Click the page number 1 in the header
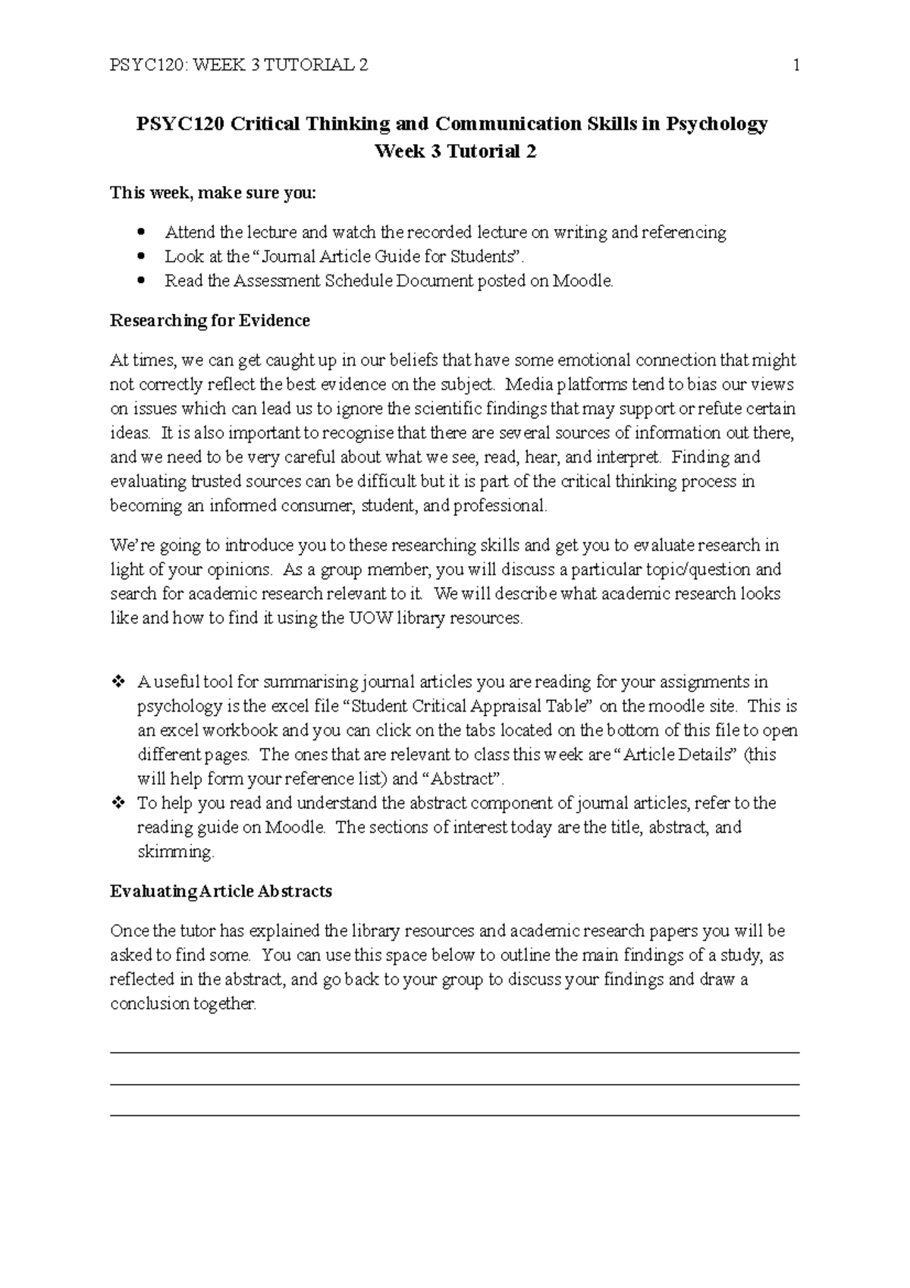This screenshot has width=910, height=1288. tap(796, 65)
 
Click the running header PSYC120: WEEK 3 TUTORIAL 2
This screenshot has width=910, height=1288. tap(240, 65)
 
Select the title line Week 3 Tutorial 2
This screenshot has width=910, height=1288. tap(455, 152)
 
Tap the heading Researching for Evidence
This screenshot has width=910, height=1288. tap(210, 320)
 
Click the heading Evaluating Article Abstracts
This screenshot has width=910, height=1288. tap(221, 891)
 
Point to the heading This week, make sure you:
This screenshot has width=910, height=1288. tap(213, 193)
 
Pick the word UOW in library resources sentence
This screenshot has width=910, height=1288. tap(367, 618)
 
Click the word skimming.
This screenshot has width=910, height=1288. tap(175, 852)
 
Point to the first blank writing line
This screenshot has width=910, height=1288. tap(455, 1052)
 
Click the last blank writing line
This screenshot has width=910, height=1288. tap(455, 1115)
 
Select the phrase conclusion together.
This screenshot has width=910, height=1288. tap(183, 1004)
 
